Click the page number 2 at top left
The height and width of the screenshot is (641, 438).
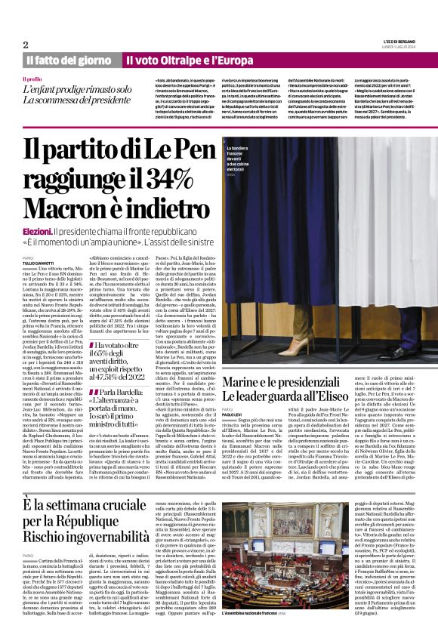25,45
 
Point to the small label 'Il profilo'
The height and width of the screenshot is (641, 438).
32,79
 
